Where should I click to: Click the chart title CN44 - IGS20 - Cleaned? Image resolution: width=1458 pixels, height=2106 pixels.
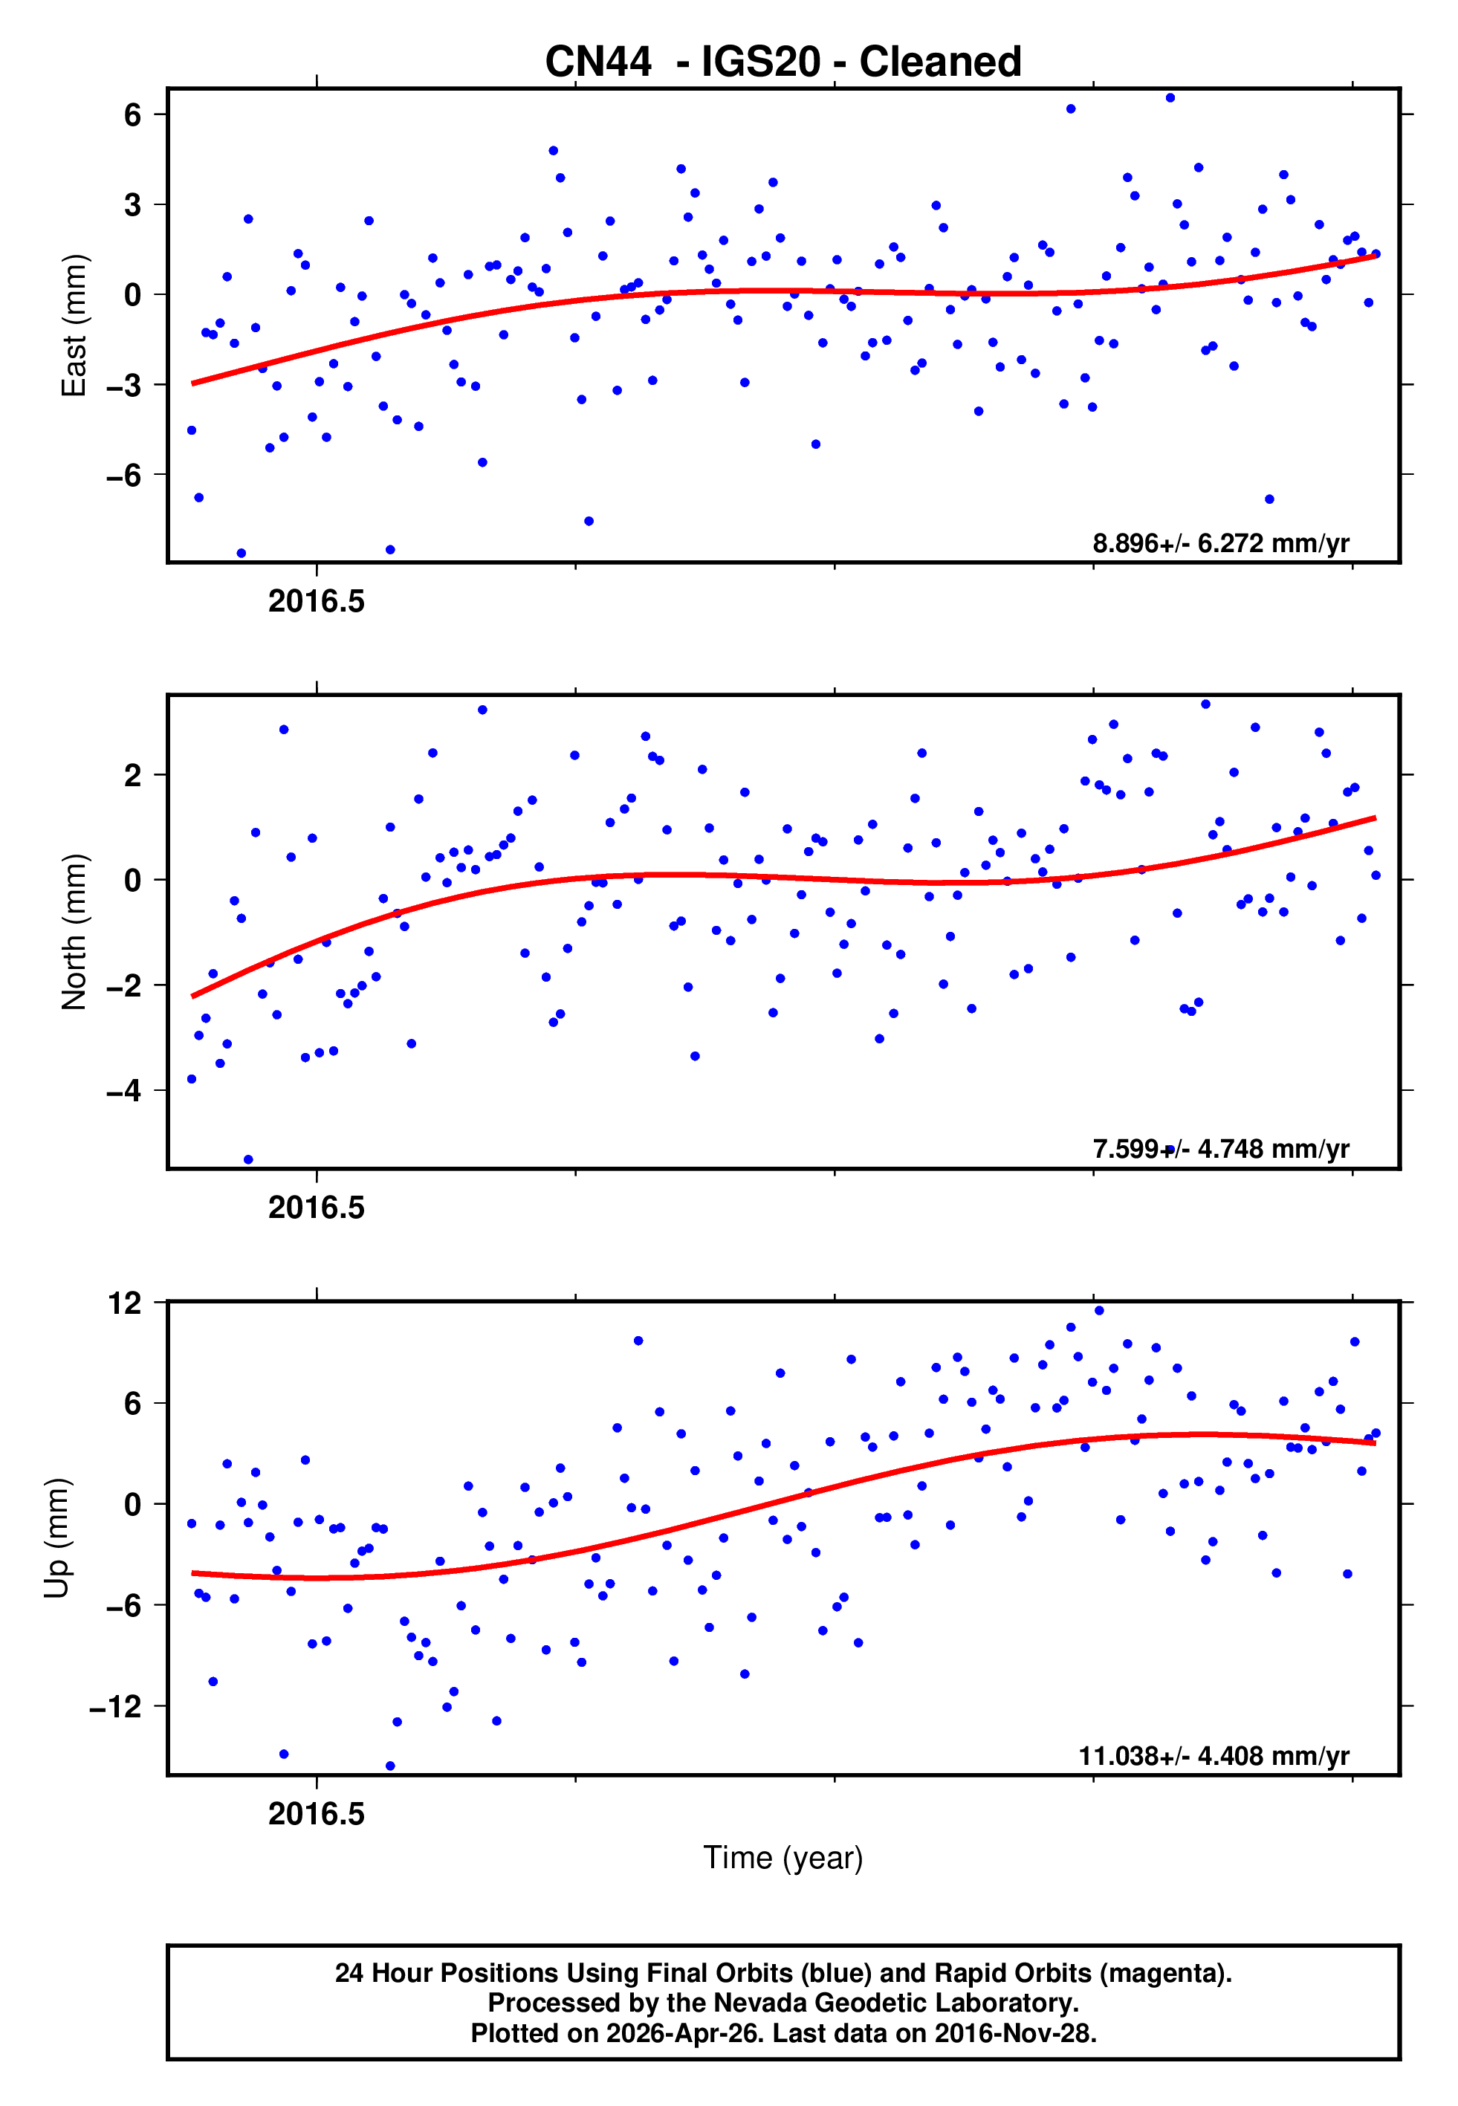(x=783, y=62)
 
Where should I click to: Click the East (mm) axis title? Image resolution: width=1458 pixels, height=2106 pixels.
(x=73, y=325)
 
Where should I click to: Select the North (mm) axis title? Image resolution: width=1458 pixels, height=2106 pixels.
(x=73, y=932)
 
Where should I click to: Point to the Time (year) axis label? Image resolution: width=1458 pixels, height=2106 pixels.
(x=783, y=1858)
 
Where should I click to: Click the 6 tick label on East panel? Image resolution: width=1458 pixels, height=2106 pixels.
(x=133, y=115)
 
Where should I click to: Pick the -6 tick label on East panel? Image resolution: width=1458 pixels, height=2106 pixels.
(x=124, y=475)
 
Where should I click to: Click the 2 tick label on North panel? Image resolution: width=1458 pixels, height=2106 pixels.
(x=133, y=775)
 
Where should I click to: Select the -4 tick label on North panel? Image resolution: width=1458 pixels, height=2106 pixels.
(x=124, y=1090)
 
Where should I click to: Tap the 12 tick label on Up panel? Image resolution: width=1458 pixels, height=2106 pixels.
(x=125, y=1303)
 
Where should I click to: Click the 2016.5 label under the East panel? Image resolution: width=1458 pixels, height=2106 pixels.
(x=316, y=602)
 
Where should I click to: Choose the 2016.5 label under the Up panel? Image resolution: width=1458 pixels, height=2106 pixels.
(x=316, y=1814)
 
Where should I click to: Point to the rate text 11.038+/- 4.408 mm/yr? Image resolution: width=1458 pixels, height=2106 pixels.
(x=1214, y=1755)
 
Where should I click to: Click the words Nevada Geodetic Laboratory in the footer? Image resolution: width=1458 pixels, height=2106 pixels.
(x=895, y=2003)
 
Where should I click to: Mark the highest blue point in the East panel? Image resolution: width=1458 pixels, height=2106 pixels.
(x=1170, y=97)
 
